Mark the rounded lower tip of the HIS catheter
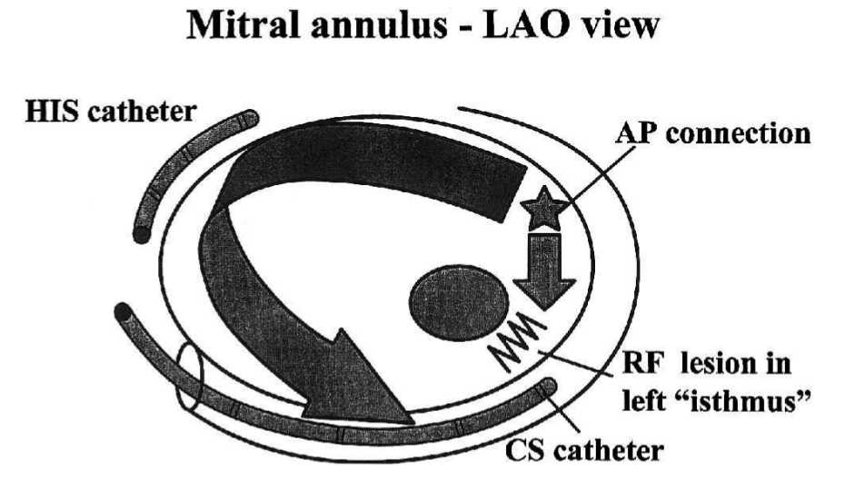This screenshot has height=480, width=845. click(140, 235)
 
